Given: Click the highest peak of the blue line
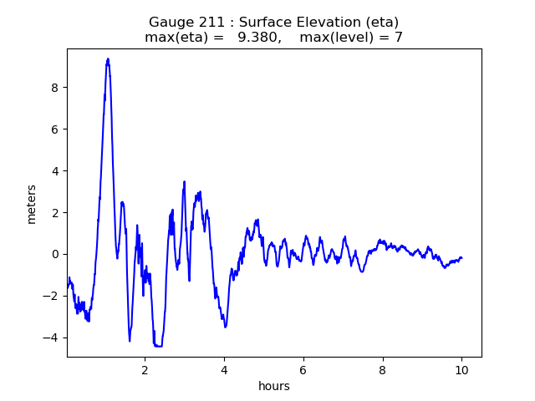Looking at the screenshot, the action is click(x=108, y=59).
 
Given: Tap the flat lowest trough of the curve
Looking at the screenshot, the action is click(x=158, y=346).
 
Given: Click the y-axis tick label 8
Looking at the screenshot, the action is click(x=55, y=88).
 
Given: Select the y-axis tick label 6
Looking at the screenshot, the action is click(x=55, y=129).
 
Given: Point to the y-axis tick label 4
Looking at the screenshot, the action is click(x=55, y=171).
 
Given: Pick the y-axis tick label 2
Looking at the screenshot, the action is click(x=55, y=213).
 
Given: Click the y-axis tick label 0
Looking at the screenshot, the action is click(x=55, y=254).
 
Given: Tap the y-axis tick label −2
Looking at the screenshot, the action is click(x=50, y=296).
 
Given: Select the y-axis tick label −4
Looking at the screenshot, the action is click(x=50, y=338).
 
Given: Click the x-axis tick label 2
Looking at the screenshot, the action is click(x=145, y=370).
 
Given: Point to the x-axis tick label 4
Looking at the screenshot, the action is click(x=224, y=370).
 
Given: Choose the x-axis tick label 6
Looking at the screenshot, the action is click(x=303, y=370).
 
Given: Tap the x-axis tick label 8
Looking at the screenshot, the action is click(x=383, y=370).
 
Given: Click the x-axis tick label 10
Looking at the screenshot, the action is click(x=461, y=370).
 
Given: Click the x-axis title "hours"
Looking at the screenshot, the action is click(x=274, y=386).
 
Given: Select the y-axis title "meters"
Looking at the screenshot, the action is click(x=32, y=204).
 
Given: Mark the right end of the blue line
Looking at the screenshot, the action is click(x=461, y=258).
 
